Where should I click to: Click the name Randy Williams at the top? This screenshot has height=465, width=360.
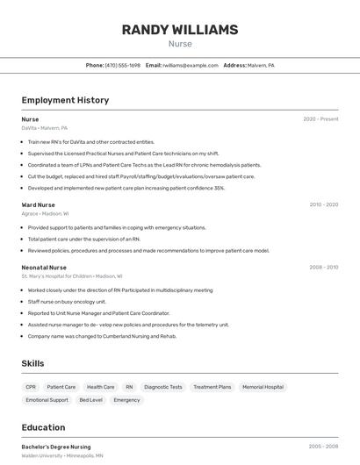tap(179, 30)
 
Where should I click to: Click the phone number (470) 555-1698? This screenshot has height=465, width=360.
tap(122, 66)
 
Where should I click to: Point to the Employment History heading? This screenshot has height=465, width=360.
tap(65, 100)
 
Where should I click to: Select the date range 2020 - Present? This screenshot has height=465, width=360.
tap(320, 119)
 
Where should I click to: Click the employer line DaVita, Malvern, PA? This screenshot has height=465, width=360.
tap(44, 128)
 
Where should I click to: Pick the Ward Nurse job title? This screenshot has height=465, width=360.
tap(38, 204)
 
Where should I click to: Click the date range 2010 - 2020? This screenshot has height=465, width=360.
tap(323, 204)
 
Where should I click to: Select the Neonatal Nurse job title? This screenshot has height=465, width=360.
tap(44, 267)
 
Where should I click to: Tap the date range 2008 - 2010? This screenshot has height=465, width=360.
tap(323, 267)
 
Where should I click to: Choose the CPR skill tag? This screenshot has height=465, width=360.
tap(31, 387)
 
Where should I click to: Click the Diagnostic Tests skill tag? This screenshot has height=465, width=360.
tap(163, 387)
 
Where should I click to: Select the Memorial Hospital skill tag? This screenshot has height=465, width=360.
tap(263, 387)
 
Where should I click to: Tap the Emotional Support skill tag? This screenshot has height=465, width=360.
tap(47, 400)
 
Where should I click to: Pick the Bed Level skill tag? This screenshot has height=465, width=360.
tap(90, 400)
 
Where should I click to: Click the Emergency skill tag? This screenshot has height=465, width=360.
tap(126, 400)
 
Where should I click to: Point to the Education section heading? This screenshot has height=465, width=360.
tap(43, 427)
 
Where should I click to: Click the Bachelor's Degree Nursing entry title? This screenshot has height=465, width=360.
tap(56, 447)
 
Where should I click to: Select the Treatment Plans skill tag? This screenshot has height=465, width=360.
tap(212, 387)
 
